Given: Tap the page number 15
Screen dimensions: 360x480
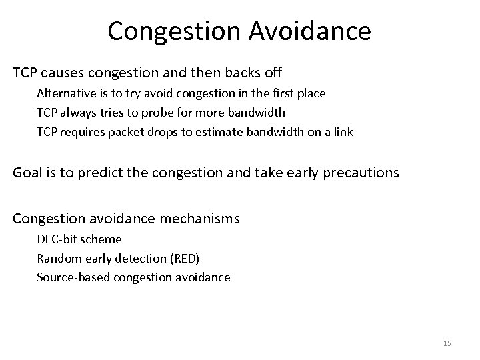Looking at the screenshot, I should tap(447, 343).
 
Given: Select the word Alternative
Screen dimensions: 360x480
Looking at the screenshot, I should tap(65, 93).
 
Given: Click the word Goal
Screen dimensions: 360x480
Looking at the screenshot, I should tap(28, 173).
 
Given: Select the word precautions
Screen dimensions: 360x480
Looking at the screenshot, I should tap(358, 173).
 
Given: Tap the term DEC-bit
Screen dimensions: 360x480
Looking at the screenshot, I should tap(57, 239).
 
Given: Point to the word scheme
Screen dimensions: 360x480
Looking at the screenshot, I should tap(101, 239).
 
